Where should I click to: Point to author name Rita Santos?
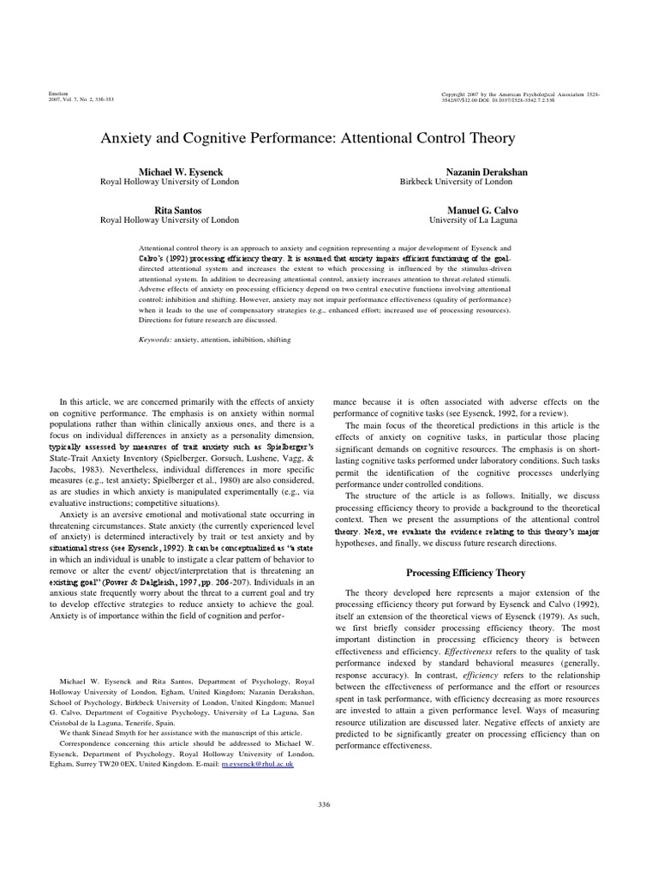tap(170, 209)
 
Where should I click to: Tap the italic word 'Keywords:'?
tap(156, 340)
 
